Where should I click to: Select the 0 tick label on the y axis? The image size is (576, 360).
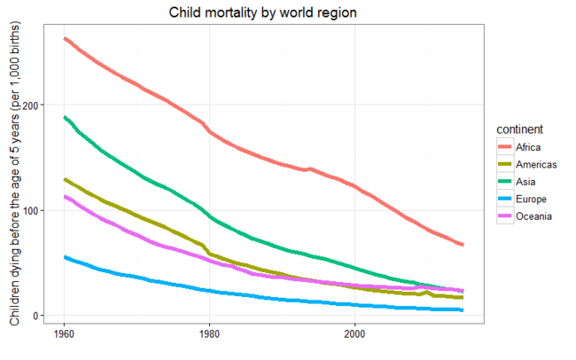pos(39,316)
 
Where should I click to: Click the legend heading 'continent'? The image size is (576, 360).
pos(520,129)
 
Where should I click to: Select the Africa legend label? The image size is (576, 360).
pos(528,147)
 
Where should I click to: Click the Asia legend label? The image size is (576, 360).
pos(525,183)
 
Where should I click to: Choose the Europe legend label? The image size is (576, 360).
pos(530,200)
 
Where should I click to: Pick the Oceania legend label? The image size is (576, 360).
pos(533,218)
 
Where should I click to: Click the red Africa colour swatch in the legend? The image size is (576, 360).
pos(504,147)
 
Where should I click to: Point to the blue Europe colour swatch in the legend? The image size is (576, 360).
pos(504,200)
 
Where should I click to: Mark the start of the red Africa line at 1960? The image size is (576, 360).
pos(65,38)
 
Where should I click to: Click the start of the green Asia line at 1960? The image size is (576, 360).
pos(65,117)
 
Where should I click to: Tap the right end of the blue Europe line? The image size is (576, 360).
pos(463,310)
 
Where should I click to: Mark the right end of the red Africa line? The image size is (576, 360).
pos(463,245)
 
